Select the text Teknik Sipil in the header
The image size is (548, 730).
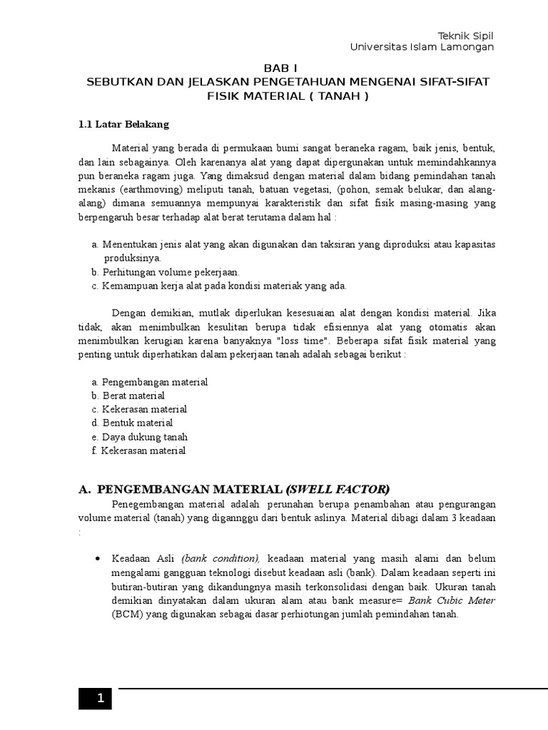(465, 36)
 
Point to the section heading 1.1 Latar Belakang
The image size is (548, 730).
(123, 124)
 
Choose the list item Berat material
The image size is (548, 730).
(133, 396)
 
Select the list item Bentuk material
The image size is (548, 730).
(137, 423)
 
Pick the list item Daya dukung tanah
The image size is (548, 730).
(144, 436)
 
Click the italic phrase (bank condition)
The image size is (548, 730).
(220, 558)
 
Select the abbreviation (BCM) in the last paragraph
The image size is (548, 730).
(128, 615)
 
